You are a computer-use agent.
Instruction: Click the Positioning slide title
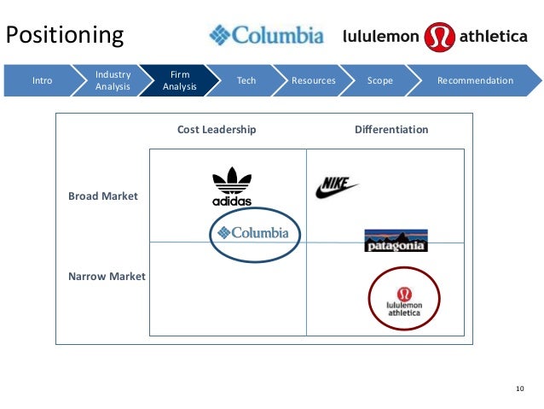(x=66, y=35)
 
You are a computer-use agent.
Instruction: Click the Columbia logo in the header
(x=267, y=36)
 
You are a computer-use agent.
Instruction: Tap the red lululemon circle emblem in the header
(x=439, y=36)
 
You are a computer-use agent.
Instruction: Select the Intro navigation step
(x=42, y=81)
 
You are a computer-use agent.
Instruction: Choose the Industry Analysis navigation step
(x=113, y=81)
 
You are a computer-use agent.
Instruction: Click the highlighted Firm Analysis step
(x=179, y=81)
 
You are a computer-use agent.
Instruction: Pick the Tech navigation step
(x=246, y=81)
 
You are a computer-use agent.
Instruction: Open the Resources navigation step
(x=313, y=81)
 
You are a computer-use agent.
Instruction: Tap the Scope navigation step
(x=379, y=81)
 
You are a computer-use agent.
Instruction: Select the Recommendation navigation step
(x=475, y=81)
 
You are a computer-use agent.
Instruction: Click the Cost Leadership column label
(x=217, y=130)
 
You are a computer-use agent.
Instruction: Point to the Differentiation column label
(x=391, y=130)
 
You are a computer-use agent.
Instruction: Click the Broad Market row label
(x=102, y=196)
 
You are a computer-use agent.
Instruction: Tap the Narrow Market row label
(x=107, y=277)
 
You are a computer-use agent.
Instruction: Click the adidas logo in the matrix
(x=232, y=187)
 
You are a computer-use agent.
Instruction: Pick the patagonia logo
(x=396, y=241)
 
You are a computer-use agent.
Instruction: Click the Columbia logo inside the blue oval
(x=253, y=232)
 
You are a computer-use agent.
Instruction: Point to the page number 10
(x=520, y=390)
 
